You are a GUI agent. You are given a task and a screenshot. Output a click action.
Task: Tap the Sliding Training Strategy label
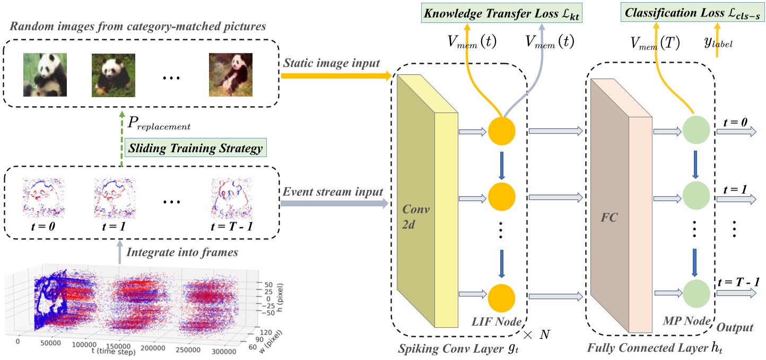pos(194,148)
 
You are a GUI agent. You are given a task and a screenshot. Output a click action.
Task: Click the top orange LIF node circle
pos(501,130)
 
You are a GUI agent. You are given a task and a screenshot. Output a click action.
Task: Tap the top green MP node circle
pos(695,130)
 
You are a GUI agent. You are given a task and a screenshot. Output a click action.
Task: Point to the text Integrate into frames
pos(185,253)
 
